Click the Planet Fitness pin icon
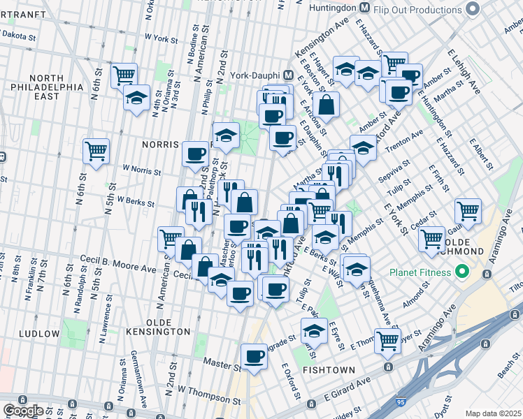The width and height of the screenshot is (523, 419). coord(461,271)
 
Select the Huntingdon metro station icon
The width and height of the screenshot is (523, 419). coord(364,8)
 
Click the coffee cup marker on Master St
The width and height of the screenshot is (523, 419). coord(254,356)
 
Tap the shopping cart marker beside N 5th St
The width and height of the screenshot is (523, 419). coord(96,151)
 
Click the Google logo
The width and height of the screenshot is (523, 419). coord(23,410)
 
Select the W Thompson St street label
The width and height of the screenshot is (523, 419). coord(209,395)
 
